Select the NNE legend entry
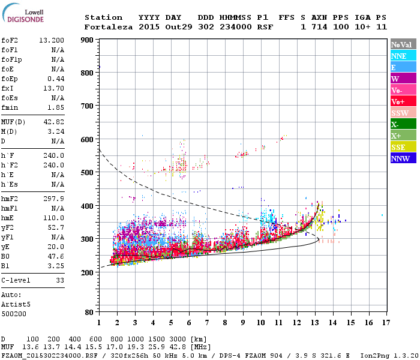pos(399,56)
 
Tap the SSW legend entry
pos(400,113)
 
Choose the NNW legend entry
pos(400,159)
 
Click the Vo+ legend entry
pos(398,102)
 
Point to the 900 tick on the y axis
pos(88,40)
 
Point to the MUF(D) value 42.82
pos(54,121)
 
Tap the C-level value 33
pos(59,280)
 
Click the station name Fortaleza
pos(108,27)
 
